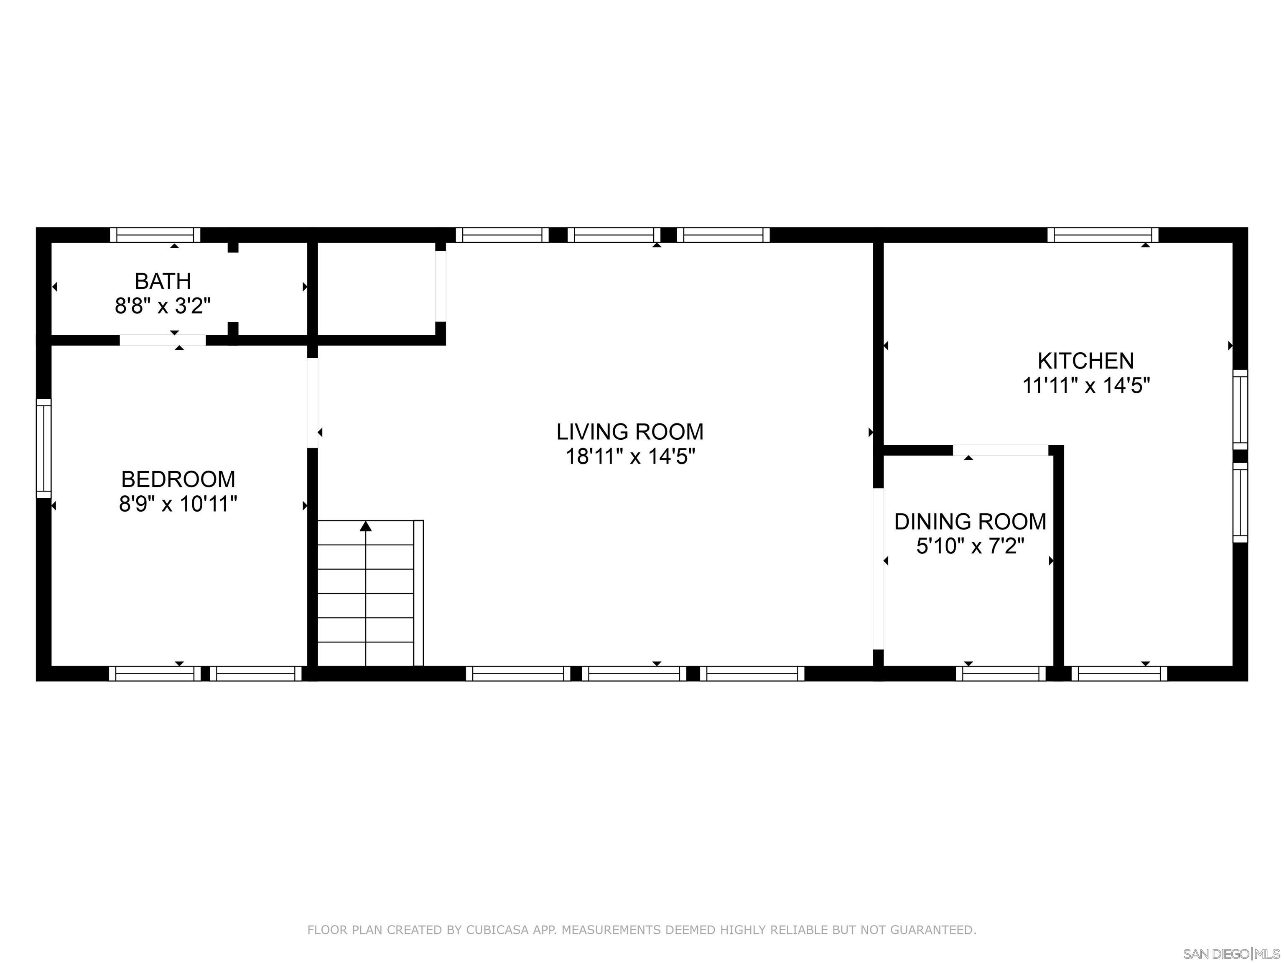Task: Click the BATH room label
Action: click(163, 282)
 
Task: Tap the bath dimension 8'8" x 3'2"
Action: click(163, 306)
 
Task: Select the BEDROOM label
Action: click(178, 479)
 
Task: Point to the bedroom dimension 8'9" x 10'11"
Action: click(178, 504)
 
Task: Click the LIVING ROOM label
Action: click(630, 432)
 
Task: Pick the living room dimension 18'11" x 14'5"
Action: click(630, 457)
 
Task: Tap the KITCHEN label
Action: click(1085, 361)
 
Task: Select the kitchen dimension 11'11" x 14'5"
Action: click(1085, 385)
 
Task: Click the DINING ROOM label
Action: click(970, 522)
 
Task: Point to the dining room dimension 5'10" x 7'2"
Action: click(970, 546)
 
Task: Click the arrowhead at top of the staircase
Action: click(366, 527)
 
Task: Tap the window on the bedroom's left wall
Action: click(43, 448)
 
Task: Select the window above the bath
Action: click(155, 235)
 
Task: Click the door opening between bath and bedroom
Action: click(163, 340)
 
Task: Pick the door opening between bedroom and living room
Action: click(312, 402)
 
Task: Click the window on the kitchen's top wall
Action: click(1103, 235)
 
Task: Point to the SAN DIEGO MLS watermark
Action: click(1230, 954)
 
